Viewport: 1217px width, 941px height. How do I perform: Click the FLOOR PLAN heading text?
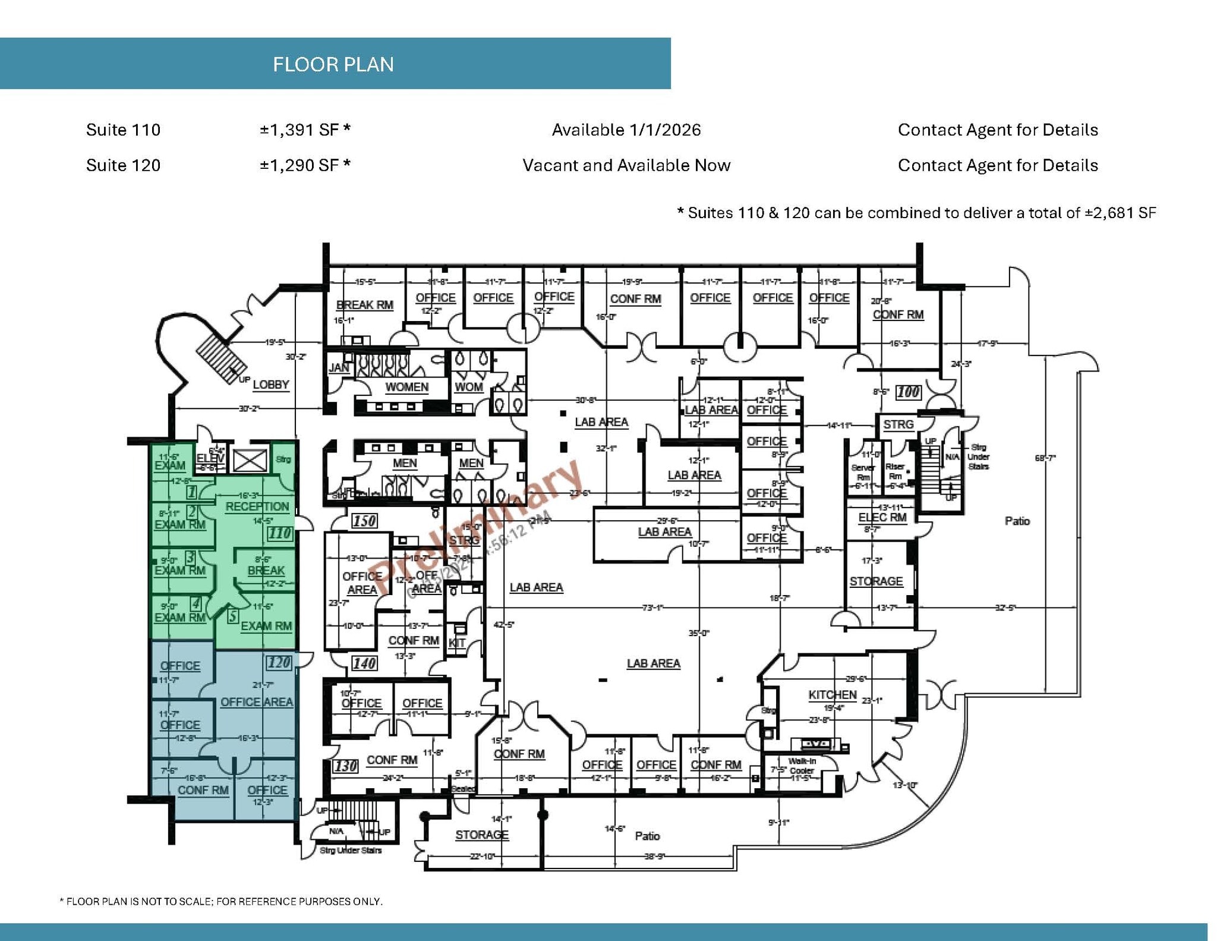[x=333, y=64]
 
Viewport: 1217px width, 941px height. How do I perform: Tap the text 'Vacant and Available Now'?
[x=626, y=165]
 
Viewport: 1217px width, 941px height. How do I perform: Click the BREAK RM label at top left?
[x=364, y=305]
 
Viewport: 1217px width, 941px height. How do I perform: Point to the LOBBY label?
[x=271, y=385]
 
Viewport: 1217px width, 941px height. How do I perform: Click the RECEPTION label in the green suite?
[x=257, y=506]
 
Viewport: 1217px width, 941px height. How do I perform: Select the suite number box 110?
[x=279, y=533]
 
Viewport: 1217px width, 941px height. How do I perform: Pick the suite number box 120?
[x=279, y=663]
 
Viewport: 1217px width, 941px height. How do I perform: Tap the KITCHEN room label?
[x=832, y=695]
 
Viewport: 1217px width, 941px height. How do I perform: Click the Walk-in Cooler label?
[x=802, y=766]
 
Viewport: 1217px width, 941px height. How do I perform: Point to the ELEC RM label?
[x=882, y=517]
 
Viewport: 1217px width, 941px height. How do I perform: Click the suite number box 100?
[x=908, y=392]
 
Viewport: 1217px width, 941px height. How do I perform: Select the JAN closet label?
[x=338, y=368]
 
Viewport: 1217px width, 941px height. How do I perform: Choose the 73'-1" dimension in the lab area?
[x=652, y=608]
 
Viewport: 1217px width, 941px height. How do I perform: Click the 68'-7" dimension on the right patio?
[x=1045, y=458]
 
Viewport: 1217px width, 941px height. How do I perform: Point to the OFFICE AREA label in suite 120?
[x=257, y=702]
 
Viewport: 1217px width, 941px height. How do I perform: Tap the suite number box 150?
[x=364, y=521]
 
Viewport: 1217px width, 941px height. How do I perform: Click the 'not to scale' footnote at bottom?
[x=221, y=901]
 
